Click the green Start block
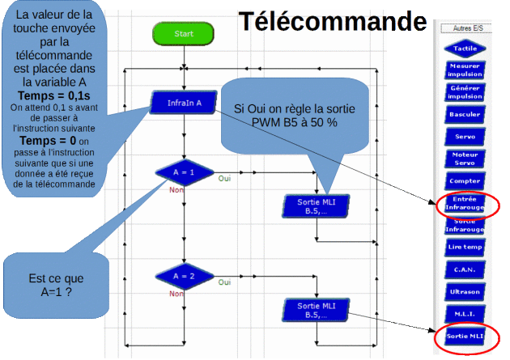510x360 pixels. click(184, 34)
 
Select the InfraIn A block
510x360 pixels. click(184, 103)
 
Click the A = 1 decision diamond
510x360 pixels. click(184, 172)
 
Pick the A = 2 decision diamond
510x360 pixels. click(184, 277)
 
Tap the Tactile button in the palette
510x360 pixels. click(465, 49)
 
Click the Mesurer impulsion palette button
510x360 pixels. click(465, 70)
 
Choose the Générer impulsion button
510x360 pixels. click(465, 92)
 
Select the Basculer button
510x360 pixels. click(465, 115)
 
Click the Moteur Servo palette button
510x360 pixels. click(465, 159)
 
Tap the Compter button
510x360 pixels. click(465, 181)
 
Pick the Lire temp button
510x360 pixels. click(465, 247)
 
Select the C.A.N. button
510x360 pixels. click(465, 269)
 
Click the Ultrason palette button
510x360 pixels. click(465, 290)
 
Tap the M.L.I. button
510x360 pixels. click(465, 312)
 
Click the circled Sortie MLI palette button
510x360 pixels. click(465, 335)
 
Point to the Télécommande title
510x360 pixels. click(332, 22)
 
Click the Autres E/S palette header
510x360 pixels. click(465, 28)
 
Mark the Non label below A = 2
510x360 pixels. click(175, 294)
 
